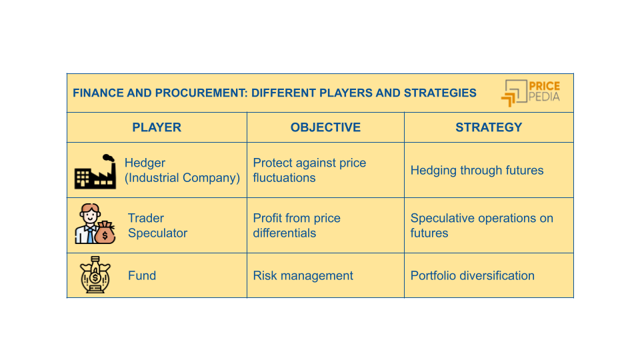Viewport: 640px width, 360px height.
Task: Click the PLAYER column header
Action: point(157,127)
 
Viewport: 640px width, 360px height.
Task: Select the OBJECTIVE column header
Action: point(325,127)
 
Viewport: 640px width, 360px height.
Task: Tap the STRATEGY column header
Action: point(489,127)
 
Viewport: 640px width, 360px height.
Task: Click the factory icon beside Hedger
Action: point(95,172)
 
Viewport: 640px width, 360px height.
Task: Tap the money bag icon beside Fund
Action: point(95,275)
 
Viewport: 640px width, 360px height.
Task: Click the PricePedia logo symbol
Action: point(513,93)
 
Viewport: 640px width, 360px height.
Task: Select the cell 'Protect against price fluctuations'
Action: point(309,170)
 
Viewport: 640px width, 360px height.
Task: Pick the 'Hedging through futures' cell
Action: point(477,170)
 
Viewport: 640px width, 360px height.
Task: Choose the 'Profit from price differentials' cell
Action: point(297,225)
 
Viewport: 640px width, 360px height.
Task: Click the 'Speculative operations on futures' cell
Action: point(481,225)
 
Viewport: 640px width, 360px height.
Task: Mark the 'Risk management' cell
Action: point(303,275)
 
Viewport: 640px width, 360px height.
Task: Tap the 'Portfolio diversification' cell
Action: point(472,275)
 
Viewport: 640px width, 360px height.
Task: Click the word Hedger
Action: point(145,163)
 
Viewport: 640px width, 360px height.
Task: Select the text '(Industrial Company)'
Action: point(182,178)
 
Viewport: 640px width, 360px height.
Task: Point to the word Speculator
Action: point(157,233)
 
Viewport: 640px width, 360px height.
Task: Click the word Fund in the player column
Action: point(141,275)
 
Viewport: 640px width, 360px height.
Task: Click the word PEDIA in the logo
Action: point(544,97)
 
